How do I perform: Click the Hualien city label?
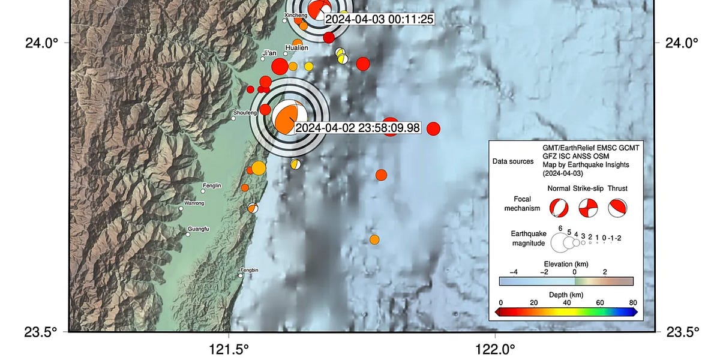coord(297,48)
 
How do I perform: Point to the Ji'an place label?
coord(268,53)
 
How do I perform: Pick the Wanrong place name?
coord(194,203)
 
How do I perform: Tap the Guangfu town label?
coord(199,229)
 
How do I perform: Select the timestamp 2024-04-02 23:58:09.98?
coord(358,128)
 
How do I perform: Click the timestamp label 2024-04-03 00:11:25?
coord(379,19)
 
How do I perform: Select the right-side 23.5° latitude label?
coord(683,332)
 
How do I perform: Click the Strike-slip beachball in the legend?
coord(588,208)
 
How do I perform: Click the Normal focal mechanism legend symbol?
coord(559,208)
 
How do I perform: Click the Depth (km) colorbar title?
coord(566,295)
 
